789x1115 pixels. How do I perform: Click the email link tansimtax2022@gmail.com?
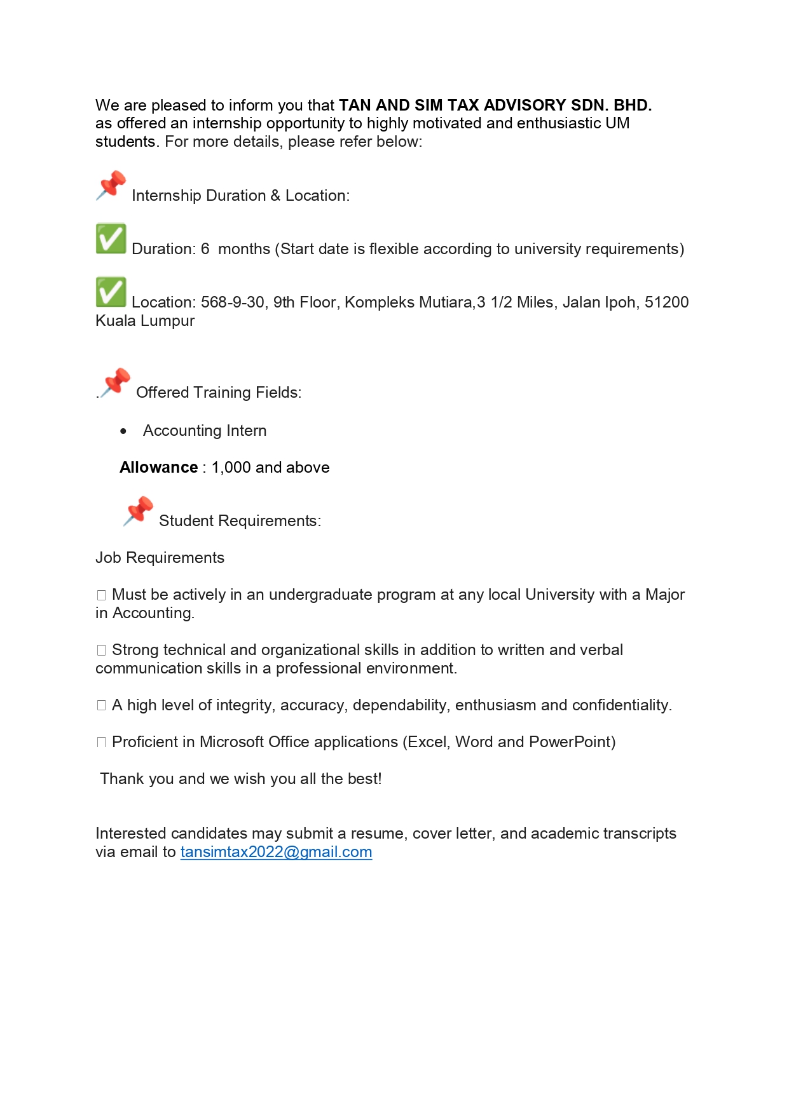(276, 852)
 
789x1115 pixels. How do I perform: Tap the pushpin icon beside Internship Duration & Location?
(111, 186)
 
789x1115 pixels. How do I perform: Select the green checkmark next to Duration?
(111, 239)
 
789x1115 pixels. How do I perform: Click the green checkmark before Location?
(111, 292)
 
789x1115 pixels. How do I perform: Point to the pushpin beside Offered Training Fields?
(116, 382)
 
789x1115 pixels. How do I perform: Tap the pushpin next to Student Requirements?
(139, 511)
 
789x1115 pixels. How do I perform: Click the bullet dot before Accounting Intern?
(123, 431)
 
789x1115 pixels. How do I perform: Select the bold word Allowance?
(158, 468)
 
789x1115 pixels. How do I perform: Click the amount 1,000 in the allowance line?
(231, 468)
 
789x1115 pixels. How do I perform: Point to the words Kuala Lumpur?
(145, 321)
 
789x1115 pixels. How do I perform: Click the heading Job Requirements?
(160, 558)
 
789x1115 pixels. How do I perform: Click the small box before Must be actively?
(101, 595)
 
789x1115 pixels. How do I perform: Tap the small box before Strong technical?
(101, 651)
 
